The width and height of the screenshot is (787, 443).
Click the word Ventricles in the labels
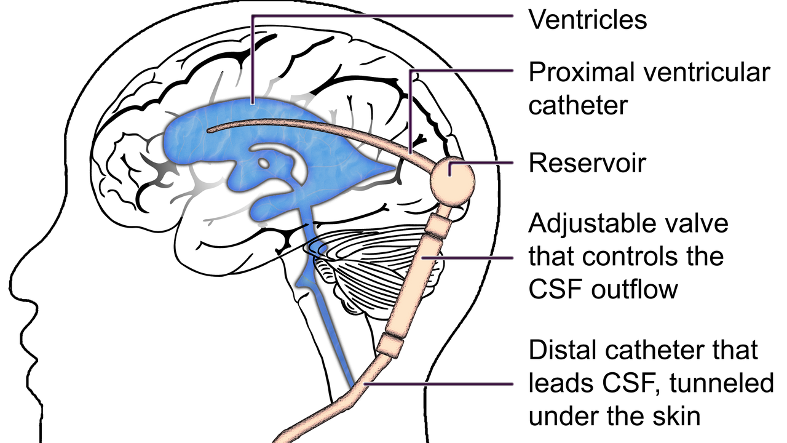pos(588,20)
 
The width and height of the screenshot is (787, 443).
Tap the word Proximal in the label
pos(580,73)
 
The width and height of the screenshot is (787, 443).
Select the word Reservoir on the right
pos(587,164)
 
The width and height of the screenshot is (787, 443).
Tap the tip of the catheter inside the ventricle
pos(210,129)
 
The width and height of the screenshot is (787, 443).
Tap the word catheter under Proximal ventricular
pos(577,105)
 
